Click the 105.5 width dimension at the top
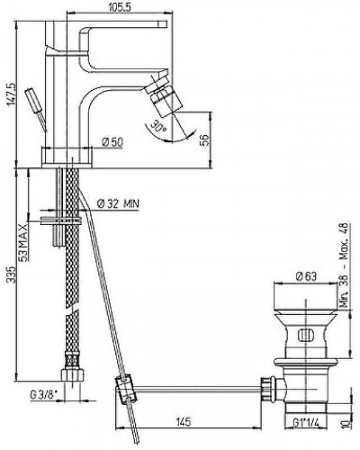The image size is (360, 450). (x=119, y=7)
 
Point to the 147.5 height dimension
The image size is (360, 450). (x=11, y=94)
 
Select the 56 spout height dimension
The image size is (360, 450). (x=203, y=139)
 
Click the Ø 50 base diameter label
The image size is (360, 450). (x=112, y=142)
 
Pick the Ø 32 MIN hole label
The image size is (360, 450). (x=118, y=204)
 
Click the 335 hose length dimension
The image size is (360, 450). (x=11, y=274)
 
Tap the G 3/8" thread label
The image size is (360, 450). (x=43, y=395)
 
